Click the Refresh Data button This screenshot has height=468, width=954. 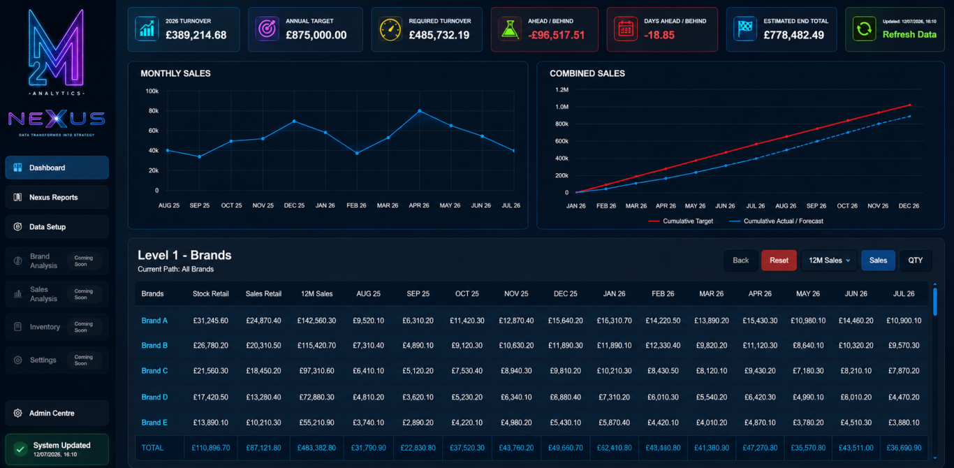[895, 29]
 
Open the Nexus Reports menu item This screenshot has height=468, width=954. [57, 197]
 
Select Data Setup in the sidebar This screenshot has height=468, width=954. [57, 227]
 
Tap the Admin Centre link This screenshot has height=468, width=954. [57, 413]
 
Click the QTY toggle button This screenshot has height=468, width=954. [916, 260]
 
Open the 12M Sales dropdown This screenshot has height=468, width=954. [829, 260]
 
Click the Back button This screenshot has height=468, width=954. [740, 260]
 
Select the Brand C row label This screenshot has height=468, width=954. [154, 371]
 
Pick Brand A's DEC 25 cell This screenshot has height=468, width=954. [565, 321]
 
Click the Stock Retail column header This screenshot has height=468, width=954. [210, 294]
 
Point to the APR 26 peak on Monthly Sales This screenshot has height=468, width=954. [420, 111]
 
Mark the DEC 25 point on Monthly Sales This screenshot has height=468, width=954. [294, 122]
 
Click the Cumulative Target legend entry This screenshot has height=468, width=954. [680, 221]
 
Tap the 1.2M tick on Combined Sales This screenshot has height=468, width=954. [562, 90]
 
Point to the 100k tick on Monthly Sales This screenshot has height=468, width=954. [152, 91]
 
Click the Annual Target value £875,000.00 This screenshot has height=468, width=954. [316, 35]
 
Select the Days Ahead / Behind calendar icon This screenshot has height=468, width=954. [625, 29]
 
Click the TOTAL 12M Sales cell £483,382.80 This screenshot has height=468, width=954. [316, 448]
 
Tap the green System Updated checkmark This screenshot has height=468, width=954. [20, 449]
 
